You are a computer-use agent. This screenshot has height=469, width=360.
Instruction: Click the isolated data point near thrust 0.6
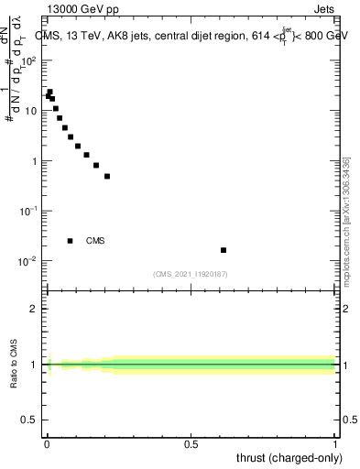224,250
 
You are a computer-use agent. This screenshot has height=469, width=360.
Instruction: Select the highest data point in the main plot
49,92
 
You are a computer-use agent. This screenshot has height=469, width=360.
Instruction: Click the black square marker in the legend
70,241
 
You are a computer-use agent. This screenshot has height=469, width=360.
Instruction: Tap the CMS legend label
95,241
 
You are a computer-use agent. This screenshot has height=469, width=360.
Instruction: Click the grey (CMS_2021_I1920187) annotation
191,273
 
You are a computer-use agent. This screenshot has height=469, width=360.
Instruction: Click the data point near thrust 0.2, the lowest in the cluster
107,176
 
